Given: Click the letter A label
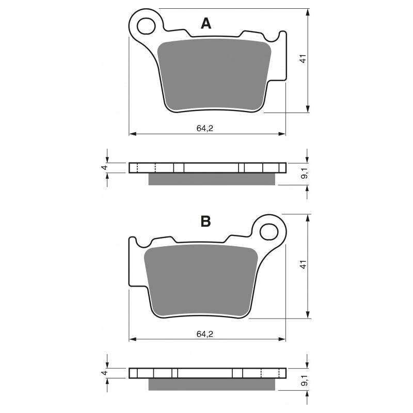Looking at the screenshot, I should pyautogui.click(x=206, y=23).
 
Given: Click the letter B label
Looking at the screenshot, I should pyautogui.click(x=205, y=222).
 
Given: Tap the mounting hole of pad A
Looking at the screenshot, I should pyautogui.click(x=147, y=25).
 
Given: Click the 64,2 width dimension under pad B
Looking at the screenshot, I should pyautogui.click(x=204, y=334).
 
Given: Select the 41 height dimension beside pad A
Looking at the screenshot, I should pyautogui.click(x=304, y=59).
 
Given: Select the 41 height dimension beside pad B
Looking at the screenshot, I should pyautogui.click(x=304, y=264).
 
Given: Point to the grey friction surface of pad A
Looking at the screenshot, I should pyautogui.click(x=214, y=75).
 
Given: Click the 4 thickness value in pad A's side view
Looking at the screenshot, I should pyautogui.click(x=104, y=168).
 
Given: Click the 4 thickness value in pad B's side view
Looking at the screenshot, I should pyautogui.click(x=104, y=373).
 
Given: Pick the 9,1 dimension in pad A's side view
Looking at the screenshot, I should pyautogui.click(x=305, y=174).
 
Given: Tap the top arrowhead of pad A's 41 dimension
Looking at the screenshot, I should pyautogui.click(x=308, y=12).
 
